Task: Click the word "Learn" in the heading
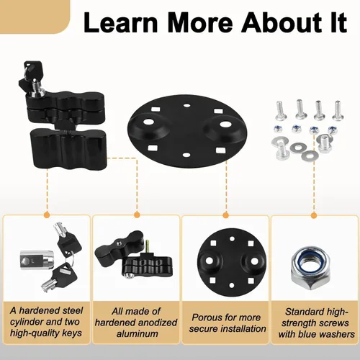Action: tap(121, 22)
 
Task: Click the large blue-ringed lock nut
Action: tap(310, 266)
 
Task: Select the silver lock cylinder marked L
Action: tap(37, 260)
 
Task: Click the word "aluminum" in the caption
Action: tap(138, 333)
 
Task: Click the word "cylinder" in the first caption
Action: tap(27, 322)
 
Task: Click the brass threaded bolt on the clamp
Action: tap(147, 246)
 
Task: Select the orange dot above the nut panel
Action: tap(314, 215)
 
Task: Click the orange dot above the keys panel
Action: tap(47, 215)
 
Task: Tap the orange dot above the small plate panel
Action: tap(225, 215)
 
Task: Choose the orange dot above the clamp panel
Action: tap(137, 215)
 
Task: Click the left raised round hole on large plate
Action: tap(149, 122)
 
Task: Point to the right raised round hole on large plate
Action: tap(225, 125)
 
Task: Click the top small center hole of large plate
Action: tap(186, 105)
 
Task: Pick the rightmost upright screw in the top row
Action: tap(338, 111)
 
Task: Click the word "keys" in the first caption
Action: tap(71, 333)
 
